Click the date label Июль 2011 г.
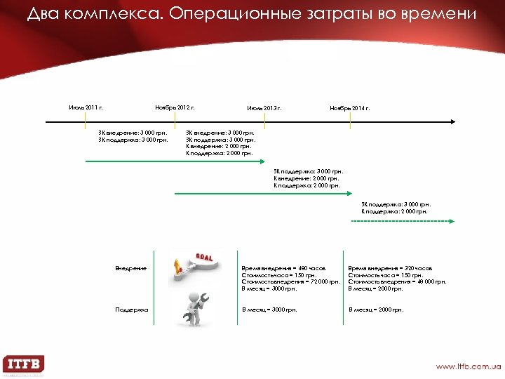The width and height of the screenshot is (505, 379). [86, 107]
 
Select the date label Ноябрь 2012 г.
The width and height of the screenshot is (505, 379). [175, 107]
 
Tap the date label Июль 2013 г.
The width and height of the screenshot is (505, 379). [264, 108]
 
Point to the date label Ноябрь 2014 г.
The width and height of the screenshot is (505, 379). [350, 108]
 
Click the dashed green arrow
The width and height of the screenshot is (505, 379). [403, 221]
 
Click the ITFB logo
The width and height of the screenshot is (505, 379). [24, 364]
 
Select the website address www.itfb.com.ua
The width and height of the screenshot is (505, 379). [468, 366]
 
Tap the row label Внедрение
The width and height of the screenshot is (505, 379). [131, 268]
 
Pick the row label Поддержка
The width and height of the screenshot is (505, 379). [132, 310]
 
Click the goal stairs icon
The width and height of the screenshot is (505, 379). [191, 269]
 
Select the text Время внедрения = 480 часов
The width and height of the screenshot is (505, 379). [283, 268]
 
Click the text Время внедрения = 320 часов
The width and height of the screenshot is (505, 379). [390, 268]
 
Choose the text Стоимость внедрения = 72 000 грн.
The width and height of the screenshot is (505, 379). [290, 281]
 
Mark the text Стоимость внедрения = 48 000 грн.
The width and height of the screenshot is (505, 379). [397, 281]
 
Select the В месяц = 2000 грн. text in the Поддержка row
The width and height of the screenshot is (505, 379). [376, 310]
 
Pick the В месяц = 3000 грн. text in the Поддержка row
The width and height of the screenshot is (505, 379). [269, 310]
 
